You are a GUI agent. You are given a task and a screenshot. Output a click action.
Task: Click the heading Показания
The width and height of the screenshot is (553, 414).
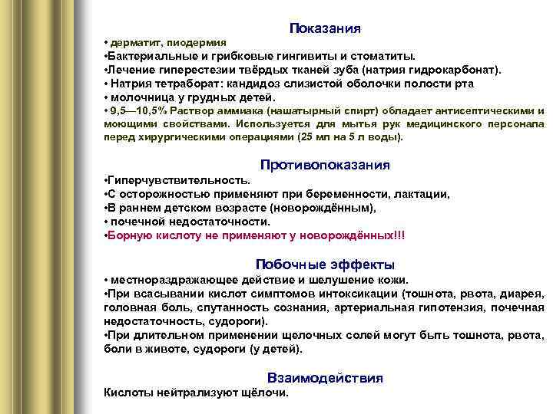pyautogui.click(x=326, y=28)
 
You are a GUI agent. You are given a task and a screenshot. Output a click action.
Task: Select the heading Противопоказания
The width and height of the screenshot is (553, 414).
pyautogui.click(x=325, y=165)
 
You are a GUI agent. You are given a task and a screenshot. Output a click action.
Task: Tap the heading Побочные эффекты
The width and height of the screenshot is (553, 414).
pyautogui.click(x=325, y=264)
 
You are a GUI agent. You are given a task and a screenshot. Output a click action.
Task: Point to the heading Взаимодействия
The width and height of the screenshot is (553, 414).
pyautogui.click(x=325, y=378)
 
